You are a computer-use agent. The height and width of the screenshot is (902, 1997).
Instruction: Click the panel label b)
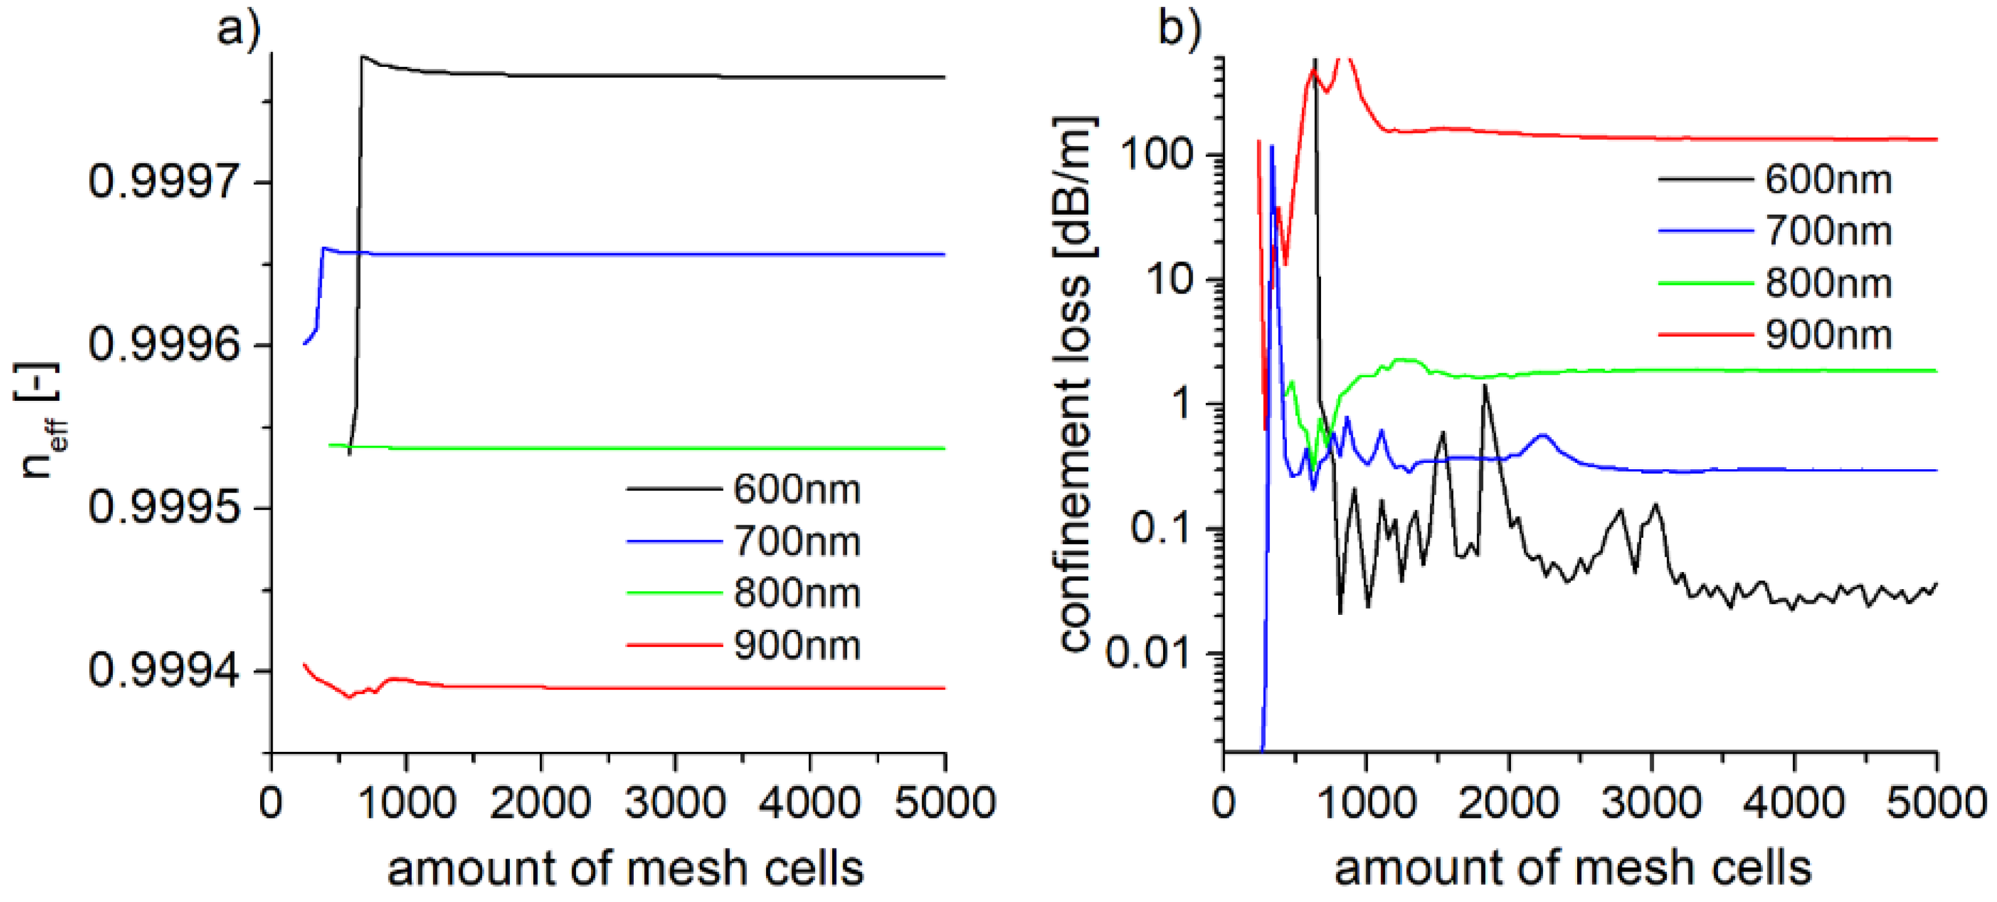(1179, 30)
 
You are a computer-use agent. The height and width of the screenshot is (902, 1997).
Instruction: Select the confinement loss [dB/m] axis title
(1075, 384)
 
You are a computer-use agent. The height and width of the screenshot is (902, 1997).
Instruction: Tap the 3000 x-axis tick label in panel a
(675, 802)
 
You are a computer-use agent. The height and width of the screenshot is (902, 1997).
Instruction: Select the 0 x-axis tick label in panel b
(1224, 802)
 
